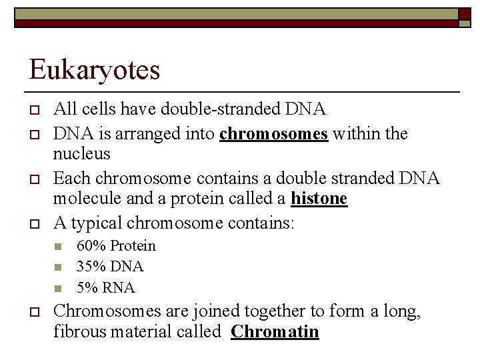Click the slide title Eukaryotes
(x=94, y=69)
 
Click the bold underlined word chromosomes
(x=273, y=133)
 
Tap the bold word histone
(x=319, y=199)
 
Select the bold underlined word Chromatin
(x=275, y=331)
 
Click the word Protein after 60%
(x=133, y=245)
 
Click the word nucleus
(x=81, y=154)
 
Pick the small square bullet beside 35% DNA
(x=57, y=268)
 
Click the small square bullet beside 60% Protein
(x=57, y=247)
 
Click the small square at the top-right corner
(x=465, y=14)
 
